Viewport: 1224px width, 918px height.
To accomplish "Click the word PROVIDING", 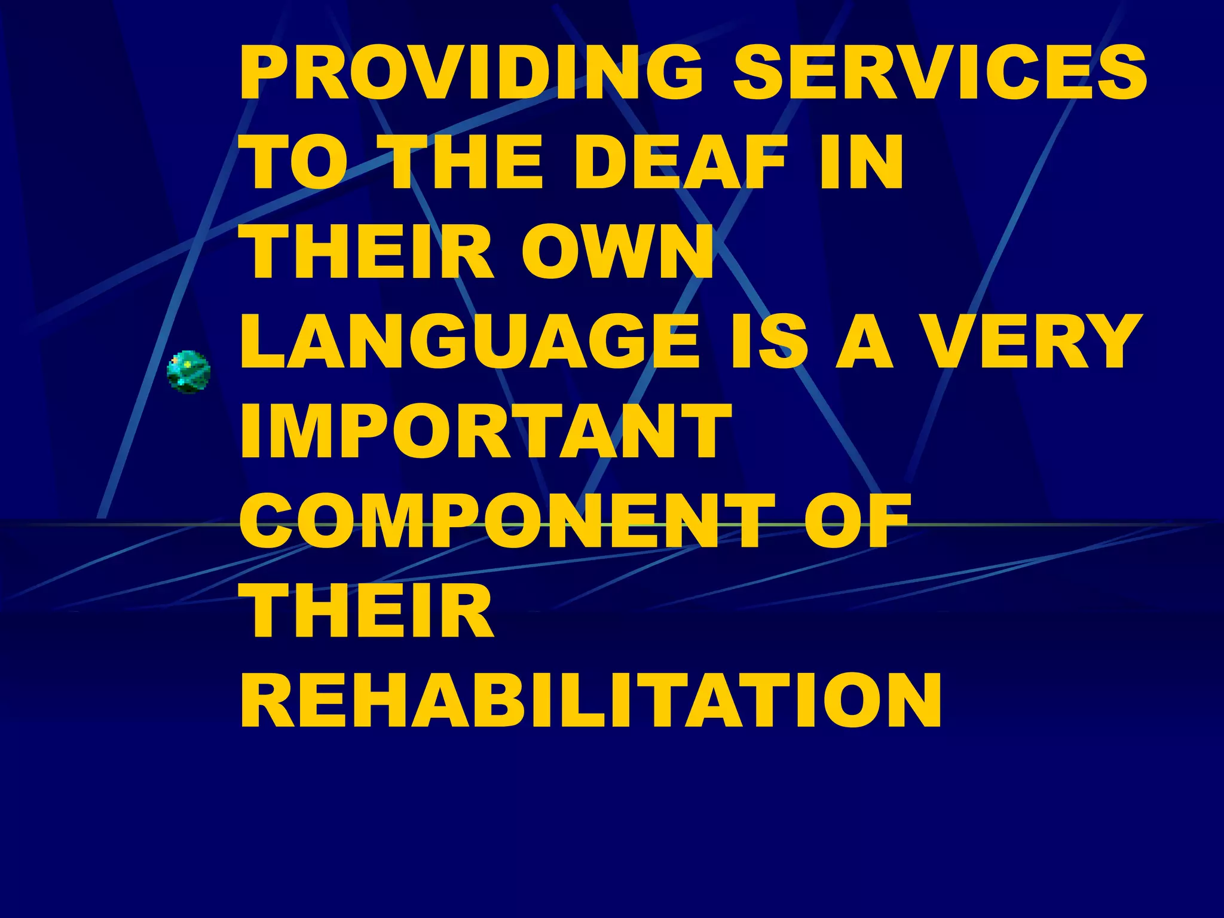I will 472,72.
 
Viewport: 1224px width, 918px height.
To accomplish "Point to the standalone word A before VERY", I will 864,341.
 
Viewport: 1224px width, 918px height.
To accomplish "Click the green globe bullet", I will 188,372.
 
